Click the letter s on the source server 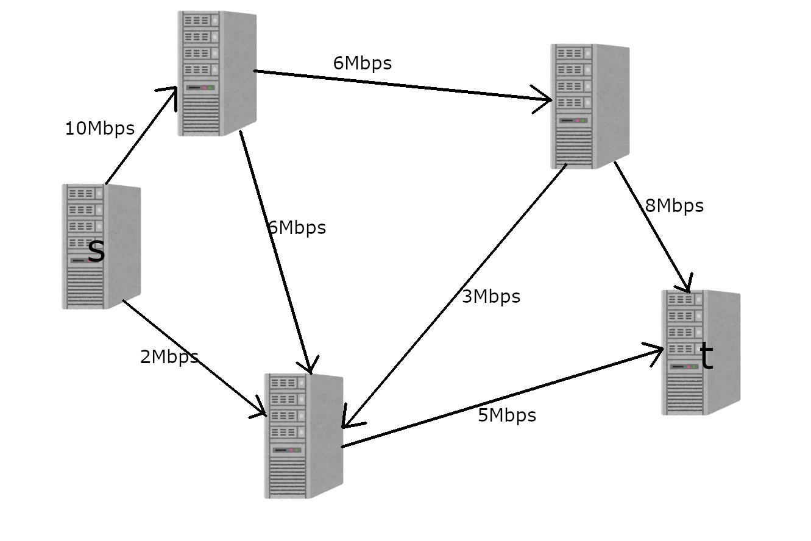96,252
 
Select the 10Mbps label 99,129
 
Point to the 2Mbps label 169,357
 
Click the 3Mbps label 491,297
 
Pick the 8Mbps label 674,206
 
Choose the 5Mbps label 507,415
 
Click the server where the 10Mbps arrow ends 216,73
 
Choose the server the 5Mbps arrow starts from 303,436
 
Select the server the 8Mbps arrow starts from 589,106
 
